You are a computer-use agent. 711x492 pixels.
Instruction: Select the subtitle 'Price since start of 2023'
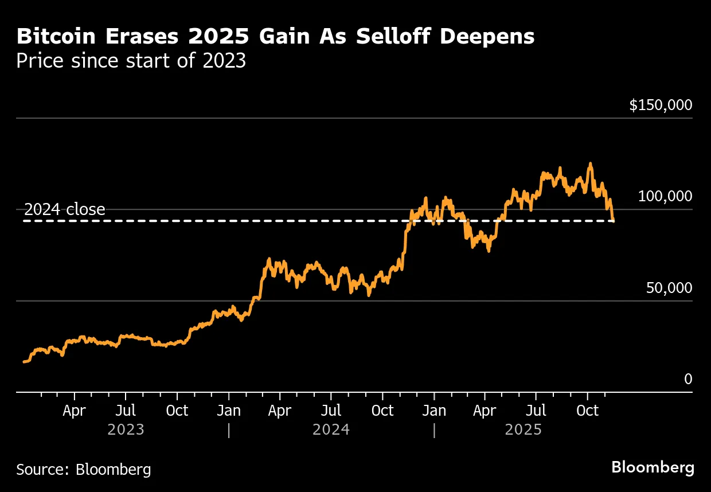tap(131, 61)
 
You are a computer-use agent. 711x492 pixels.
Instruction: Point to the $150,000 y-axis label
tap(661, 106)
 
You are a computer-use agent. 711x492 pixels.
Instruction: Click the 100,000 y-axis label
tap(665, 197)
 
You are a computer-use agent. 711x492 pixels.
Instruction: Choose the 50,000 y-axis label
tap(669, 288)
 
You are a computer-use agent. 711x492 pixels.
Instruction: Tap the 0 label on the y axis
tap(688, 379)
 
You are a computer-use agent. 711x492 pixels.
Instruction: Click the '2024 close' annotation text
tap(65, 209)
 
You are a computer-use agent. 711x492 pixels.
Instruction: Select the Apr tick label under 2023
tap(75, 411)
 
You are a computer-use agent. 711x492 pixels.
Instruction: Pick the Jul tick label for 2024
tap(331, 411)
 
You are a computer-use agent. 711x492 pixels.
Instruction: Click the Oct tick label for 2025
tap(587, 411)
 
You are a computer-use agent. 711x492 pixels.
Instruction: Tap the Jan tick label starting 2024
tap(229, 411)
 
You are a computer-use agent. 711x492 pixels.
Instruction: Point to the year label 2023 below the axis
tap(126, 429)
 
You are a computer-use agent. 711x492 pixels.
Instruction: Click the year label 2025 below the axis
tap(524, 429)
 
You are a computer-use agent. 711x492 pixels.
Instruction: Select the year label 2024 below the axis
tap(331, 429)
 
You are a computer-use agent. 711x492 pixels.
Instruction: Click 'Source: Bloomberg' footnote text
tap(84, 470)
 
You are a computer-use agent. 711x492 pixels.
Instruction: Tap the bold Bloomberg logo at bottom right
tap(653, 467)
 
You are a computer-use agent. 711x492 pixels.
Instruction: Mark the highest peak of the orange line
tap(590, 164)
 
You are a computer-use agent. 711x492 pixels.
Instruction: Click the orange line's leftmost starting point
tap(24, 362)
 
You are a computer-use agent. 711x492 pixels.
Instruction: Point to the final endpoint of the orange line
tap(614, 220)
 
